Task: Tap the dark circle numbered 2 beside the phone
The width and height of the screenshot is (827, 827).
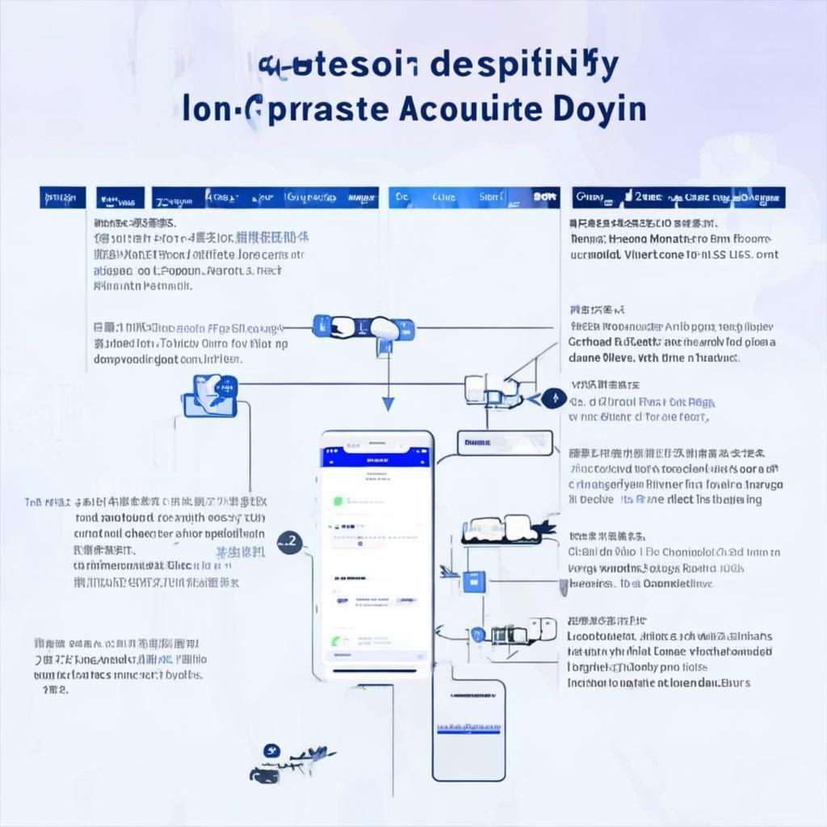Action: (289, 543)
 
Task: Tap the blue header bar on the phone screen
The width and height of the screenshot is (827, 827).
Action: (377, 458)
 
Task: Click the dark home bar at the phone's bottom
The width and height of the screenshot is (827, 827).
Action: (376, 670)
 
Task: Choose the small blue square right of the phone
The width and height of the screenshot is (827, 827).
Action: (476, 578)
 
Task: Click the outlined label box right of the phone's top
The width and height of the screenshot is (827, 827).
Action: (505, 442)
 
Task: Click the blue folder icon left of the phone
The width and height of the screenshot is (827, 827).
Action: (210, 396)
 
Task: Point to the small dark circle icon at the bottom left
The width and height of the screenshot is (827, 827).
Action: (271, 751)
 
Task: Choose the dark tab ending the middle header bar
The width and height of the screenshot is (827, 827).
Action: (546, 197)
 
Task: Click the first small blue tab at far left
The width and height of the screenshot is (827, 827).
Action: (62, 197)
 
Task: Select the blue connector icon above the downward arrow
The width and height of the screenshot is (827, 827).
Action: (363, 328)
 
